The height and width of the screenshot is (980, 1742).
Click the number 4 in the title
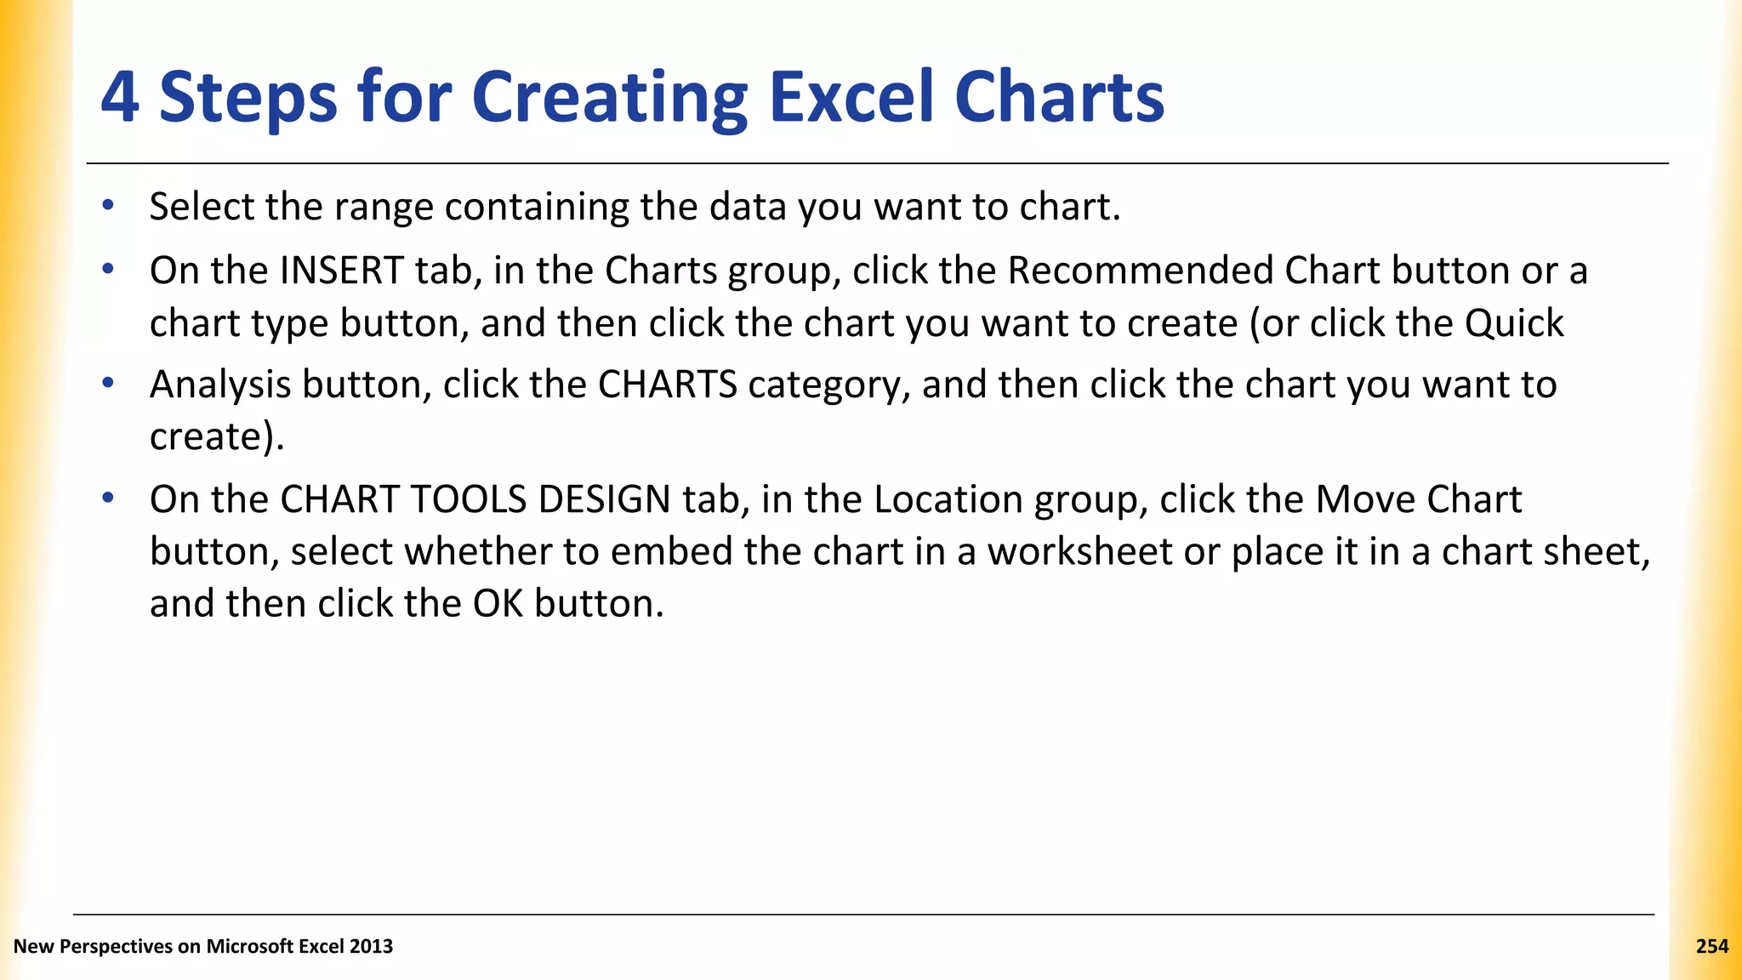(120, 97)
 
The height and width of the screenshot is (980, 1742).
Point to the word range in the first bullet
(384, 208)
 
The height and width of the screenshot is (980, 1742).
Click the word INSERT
(341, 271)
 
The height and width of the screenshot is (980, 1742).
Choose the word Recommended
(1141, 271)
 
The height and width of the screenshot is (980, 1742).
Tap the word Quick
(1513, 324)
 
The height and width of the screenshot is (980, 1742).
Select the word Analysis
(220, 385)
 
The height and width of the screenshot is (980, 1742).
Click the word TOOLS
(469, 500)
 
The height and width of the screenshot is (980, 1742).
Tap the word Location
(948, 500)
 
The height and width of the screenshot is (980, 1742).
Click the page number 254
(1711, 947)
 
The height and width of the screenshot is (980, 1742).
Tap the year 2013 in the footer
(371, 947)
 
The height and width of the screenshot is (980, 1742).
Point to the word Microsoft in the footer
(248, 947)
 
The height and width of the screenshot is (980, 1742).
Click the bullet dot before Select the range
(107, 205)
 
